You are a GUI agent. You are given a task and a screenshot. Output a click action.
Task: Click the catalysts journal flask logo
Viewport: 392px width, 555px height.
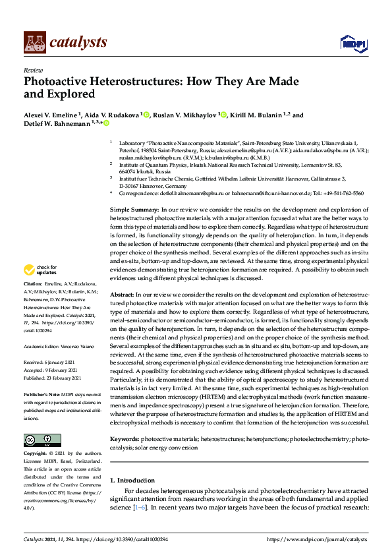click(x=34, y=43)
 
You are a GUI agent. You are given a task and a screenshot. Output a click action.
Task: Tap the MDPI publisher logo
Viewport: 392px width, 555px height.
click(x=352, y=44)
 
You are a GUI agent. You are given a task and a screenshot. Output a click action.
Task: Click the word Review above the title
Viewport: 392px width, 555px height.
click(x=32, y=69)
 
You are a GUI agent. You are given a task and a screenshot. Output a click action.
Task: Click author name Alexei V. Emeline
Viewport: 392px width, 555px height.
click(x=50, y=115)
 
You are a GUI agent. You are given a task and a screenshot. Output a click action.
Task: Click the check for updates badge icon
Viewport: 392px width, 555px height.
click(x=28, y=270)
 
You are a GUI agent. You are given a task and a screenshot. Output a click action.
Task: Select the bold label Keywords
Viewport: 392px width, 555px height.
click(x=125, y=438)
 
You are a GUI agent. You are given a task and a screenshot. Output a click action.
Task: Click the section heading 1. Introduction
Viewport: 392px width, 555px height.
click(x=132, y=480)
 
